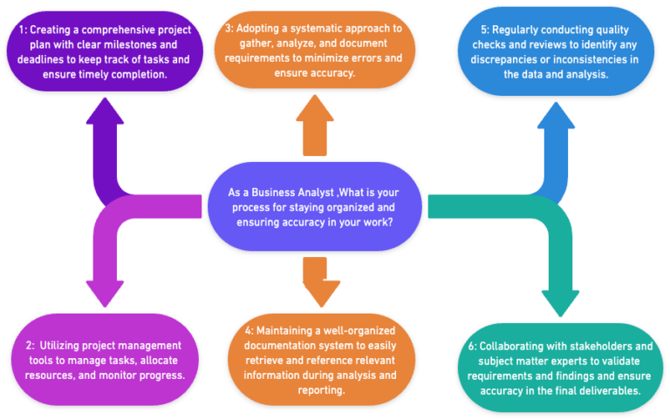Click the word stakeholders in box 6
[591, 346]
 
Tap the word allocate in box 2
[155, 361]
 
